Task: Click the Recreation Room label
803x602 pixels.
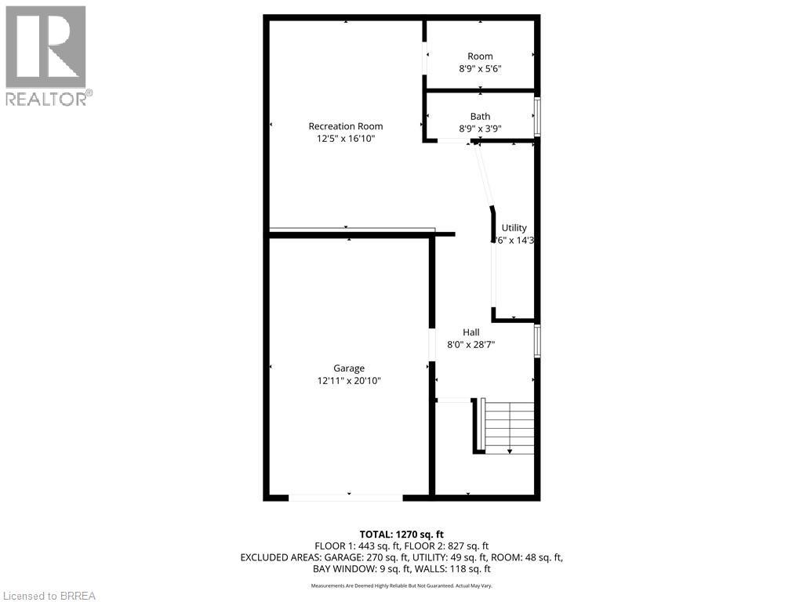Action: click(346, 126)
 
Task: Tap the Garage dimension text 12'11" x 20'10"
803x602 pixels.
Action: click(348, 381)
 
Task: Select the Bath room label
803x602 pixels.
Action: click(480, 117)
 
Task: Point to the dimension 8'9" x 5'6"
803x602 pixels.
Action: click(480, 69)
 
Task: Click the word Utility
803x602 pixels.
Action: click(514, 228)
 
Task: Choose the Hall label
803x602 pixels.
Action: click(471, 332)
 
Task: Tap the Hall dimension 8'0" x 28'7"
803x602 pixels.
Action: click(471, 344)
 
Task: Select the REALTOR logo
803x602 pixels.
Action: click(47, 55)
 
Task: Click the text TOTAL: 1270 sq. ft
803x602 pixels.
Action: click(401, 534)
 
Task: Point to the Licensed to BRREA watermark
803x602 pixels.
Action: click(49, 596)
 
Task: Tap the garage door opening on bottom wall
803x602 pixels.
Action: click(346, 497)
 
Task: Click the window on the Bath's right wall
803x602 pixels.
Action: click(537, 116)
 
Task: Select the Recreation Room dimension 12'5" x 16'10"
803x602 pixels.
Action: click(346, 139)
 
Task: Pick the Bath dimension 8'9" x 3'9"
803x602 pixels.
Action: click(480, 129)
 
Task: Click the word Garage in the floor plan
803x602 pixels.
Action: click(349, 368)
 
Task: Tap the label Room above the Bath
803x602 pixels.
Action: click(480, 56)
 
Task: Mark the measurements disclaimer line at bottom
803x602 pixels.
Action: click(401, 586)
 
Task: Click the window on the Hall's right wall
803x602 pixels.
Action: click(537, 342)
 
